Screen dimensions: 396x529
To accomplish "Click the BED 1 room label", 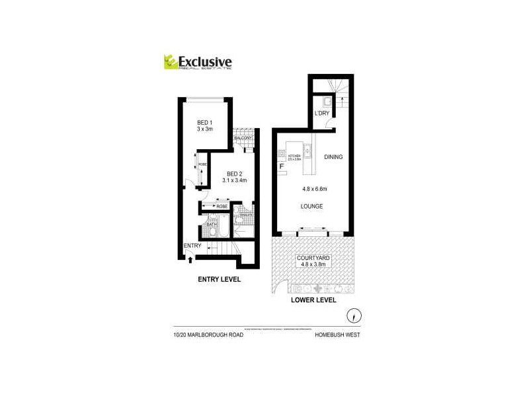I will (204, 123).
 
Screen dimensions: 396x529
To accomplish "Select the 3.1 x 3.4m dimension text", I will (227, 180).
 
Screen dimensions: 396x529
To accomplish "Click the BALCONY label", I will (244, 138).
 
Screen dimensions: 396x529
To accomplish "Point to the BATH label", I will (212, 224).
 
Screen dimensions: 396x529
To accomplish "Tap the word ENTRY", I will (192, 246).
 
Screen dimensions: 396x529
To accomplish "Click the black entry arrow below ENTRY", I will (191, 258).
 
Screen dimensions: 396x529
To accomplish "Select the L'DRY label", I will (322, 114).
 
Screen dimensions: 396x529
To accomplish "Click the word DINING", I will (333, 157).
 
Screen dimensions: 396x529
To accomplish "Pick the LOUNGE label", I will (311, 207).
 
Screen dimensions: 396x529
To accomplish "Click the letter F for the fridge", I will (282, 167).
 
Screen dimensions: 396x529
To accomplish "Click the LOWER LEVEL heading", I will (314, 300).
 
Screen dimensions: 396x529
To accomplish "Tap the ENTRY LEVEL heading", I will (220, 279).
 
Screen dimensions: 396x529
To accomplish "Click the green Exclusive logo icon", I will (171, 61).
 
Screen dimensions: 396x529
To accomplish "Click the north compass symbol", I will (355, 314).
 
